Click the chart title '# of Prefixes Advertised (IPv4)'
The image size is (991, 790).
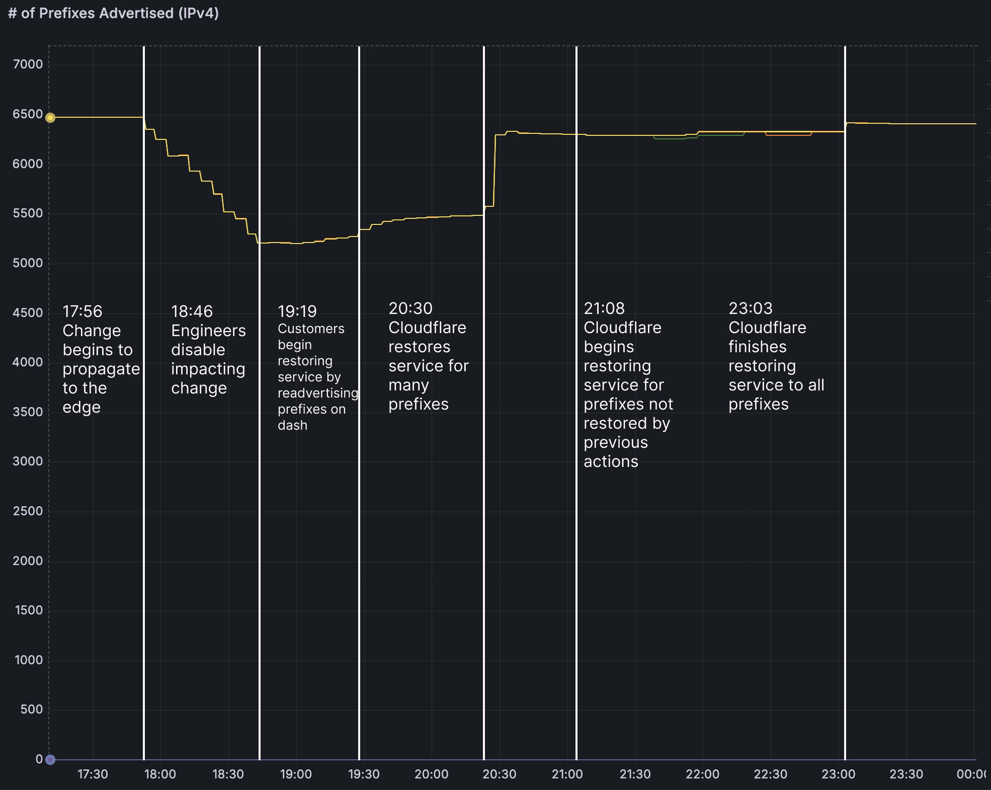coord(113,13)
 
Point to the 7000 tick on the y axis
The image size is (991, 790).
coord(28,64)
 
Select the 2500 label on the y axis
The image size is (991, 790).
coord(28,511)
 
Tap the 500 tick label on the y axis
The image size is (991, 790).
coord(32,709)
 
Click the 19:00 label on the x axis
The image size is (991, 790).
coord(296,774)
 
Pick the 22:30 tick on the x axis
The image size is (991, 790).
coord(770,774)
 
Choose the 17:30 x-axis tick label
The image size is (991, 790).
coord(93,774)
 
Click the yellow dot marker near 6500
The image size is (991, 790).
coord(50,118)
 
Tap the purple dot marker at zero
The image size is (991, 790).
coord(50,759)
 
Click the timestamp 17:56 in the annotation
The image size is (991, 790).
coord(82,311)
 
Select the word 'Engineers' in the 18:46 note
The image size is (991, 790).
coord(208,331)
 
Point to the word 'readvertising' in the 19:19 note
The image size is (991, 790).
coord(317,393)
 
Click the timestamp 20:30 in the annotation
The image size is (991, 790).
coord(410,308)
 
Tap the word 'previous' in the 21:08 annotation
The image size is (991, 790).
coord(615,442)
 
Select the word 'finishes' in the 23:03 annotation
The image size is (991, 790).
coord(757,347)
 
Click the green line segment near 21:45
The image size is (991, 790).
coord(669,139)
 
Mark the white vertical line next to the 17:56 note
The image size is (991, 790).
coord(144,453)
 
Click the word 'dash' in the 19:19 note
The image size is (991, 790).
coord(292,425)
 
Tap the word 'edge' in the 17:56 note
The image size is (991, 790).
coord(81,407)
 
